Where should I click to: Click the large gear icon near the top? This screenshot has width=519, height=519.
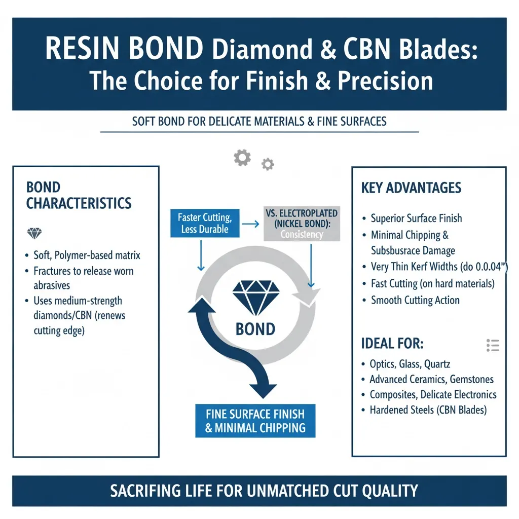[242, 158]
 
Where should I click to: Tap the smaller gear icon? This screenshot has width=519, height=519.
[267, 164]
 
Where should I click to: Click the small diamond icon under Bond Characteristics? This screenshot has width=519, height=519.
[34, 234]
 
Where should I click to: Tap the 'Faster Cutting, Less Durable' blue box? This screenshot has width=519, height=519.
[205, 224]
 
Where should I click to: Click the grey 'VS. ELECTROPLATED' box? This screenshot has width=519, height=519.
[302, 223]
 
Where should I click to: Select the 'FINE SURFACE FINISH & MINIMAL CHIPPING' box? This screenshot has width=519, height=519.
[255, 420]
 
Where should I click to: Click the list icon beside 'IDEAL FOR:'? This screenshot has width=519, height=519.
[493, 345]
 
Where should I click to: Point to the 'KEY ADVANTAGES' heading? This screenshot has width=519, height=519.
[411, 188]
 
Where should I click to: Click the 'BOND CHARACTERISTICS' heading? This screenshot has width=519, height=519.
[79, 196]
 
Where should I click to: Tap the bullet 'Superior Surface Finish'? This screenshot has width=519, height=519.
[416, 218]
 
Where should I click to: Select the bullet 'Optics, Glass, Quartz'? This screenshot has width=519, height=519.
[410, 364]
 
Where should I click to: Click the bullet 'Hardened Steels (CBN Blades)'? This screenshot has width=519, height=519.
[428, 410]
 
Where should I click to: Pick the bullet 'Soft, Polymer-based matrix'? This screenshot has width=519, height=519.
[87, 255]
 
